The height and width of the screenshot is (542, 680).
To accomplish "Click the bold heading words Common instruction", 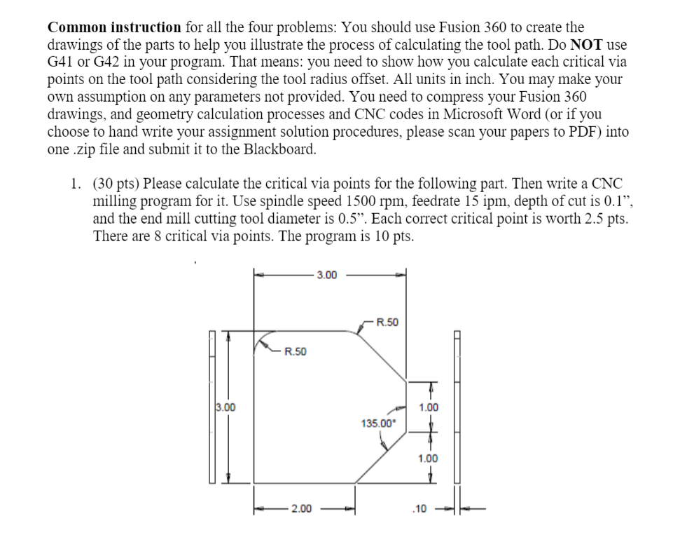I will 114,28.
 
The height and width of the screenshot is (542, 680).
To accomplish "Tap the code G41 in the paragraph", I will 63,62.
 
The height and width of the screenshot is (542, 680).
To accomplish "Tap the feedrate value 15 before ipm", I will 455,201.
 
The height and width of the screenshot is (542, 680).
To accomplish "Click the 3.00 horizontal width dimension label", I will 327,275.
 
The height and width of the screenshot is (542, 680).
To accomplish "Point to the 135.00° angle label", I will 378,423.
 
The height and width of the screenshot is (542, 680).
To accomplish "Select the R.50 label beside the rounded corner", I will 295,351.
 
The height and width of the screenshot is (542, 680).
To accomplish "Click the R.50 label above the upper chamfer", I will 387,323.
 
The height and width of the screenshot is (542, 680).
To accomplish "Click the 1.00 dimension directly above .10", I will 428,459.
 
